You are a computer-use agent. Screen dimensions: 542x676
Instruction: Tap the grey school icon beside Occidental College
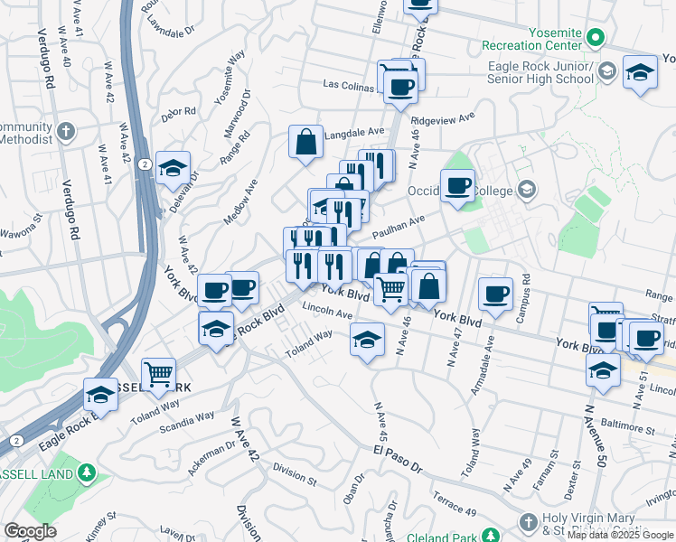(x=526, y=190)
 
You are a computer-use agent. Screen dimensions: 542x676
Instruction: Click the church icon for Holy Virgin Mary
(x=530, y=522)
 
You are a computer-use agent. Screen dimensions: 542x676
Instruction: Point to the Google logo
(x=30, y=530)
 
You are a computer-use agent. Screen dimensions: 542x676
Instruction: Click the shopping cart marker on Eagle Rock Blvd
(x=158, y=372)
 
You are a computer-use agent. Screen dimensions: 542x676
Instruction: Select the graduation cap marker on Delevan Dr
(x=173, y=167)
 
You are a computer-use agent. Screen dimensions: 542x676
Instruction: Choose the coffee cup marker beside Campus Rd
(x=495, y=294)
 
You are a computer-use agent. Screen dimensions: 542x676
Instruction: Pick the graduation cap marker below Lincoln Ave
(x=366, y=341)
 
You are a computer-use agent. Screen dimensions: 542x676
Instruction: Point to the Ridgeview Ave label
(x=442, y=118)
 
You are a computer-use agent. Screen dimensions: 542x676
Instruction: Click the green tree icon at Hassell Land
(x=86, y=472)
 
